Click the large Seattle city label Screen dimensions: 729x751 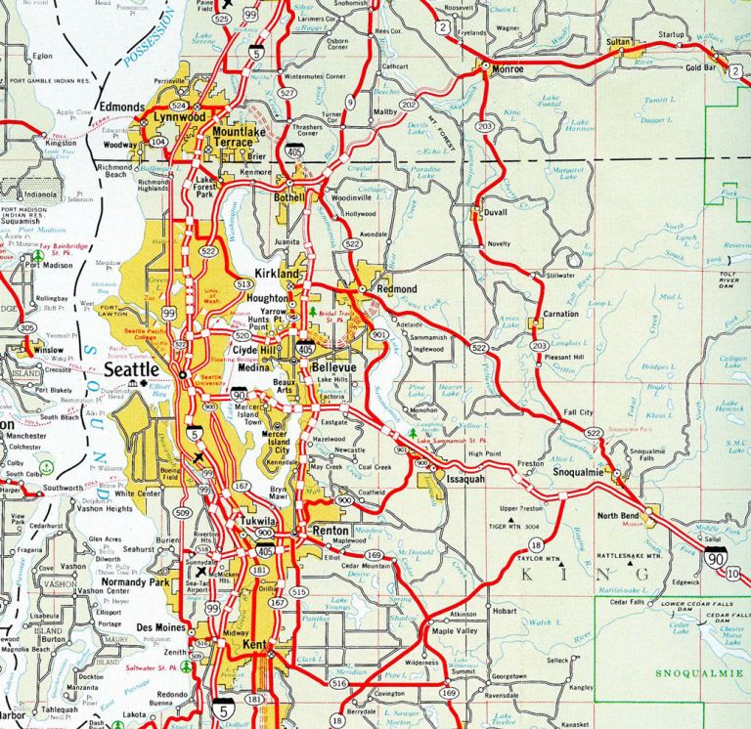131,370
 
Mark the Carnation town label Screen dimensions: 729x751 560,314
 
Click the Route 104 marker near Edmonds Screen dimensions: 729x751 157,142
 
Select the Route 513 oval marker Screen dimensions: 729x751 243,283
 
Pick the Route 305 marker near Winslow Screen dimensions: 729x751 26,328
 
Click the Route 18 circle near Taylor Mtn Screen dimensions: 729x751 535,544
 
